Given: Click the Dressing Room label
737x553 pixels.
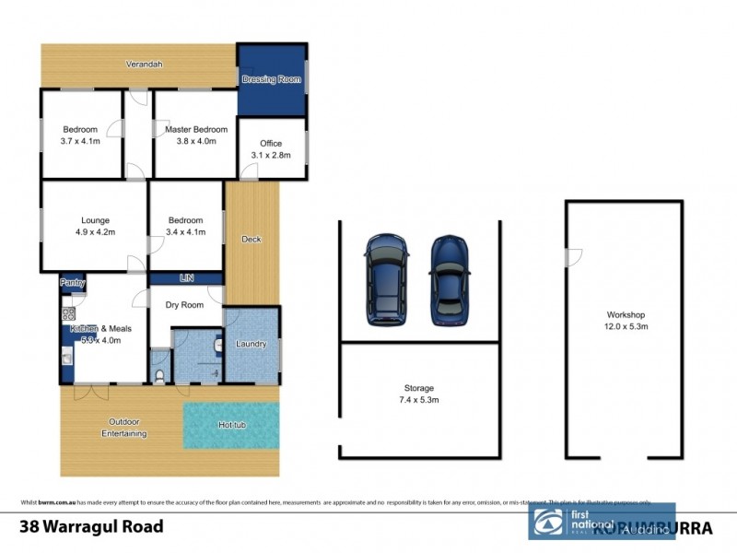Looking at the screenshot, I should [x=271, y=80].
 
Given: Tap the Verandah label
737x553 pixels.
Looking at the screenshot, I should [x=145, y=64].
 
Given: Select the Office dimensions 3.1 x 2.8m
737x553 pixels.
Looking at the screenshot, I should [x=271, y=156].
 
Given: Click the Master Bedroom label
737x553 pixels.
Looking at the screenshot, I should [x=190, y=130].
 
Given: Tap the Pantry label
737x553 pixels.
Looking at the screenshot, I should [x=73, y=282].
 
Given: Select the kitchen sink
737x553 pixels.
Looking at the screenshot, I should [x=66, y=355].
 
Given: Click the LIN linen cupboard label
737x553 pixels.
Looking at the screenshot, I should [x=184, y=277].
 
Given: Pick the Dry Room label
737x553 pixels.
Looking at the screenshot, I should [x=184, y=306].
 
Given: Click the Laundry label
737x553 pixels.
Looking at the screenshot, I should [x=251, y=345].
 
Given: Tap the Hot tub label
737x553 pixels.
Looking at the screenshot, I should [x=230, y=425].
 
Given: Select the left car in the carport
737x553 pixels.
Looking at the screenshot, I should [x=386, y=279].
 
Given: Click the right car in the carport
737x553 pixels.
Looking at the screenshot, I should [x=450, y=280].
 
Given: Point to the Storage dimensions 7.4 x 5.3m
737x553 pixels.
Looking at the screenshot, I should [x=417, y=401].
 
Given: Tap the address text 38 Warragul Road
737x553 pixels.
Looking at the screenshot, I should [x=92, y=527].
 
